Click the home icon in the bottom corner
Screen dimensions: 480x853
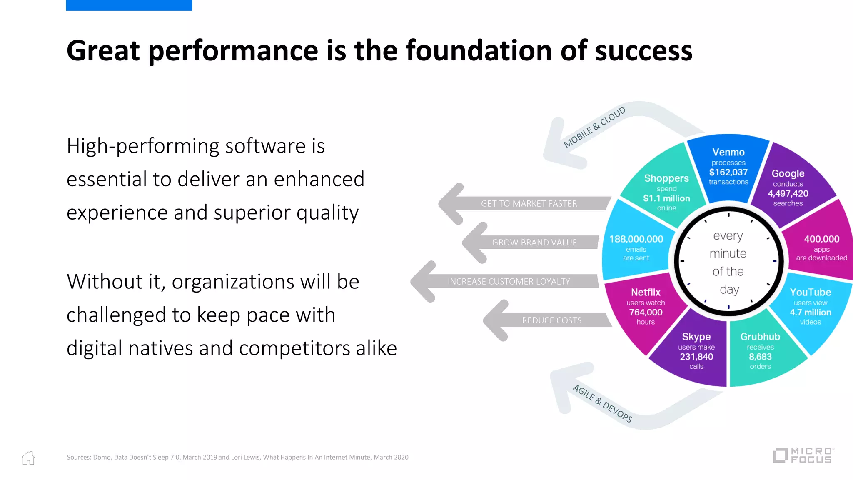[28, 457]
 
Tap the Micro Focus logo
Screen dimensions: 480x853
[803, 455]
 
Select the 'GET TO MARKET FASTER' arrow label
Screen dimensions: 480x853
[529, 204]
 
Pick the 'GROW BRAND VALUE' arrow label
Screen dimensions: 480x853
[534, 242]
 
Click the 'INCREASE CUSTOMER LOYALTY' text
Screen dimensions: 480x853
[509, 282]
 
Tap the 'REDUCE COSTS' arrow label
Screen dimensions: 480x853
[552, 320]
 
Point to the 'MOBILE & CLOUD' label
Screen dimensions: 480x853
[594, 127]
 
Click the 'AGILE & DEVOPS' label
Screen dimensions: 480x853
[602, 403]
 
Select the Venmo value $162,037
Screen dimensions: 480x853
[728, 172]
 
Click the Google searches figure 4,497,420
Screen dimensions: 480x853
[788, 193]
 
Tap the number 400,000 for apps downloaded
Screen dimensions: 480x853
[821, 239]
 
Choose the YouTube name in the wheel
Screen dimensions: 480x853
[810, 292]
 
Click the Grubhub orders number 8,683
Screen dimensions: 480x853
[760, 357]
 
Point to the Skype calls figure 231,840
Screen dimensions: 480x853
[696, 357]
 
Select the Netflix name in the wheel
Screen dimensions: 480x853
[646, 292]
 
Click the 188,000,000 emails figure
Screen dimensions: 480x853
[636, 239]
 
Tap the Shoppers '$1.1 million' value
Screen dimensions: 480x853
[666, 198]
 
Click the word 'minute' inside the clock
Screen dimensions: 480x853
[728, 253]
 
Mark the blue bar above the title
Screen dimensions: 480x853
[129, 5]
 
